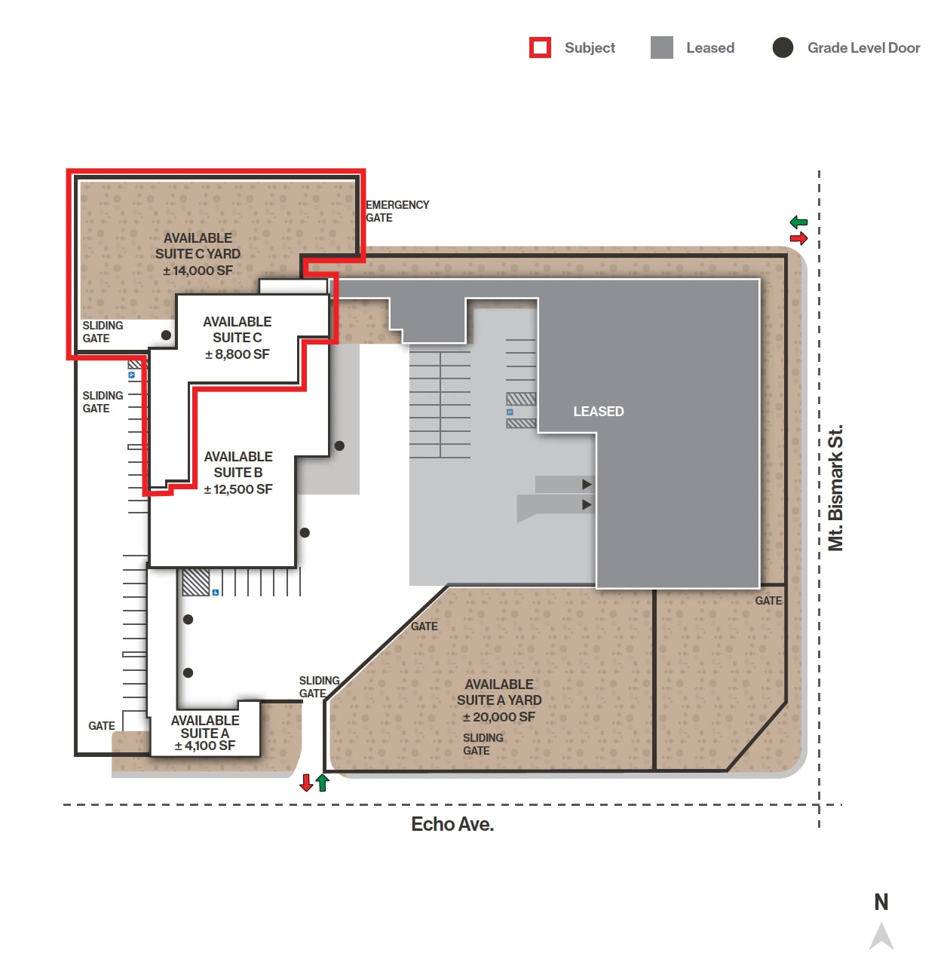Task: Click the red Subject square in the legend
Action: [540, 47]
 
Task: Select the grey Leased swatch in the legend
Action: [661, 47]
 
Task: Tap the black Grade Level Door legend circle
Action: [783, 47]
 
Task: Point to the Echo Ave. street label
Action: [452, 824]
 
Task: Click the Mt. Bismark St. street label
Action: [835, 488]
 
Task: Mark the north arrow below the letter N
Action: [881, 936]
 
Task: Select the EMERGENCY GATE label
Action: [397, 211]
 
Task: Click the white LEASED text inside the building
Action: [598, 412]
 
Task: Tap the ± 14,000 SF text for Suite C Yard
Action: [198, 271]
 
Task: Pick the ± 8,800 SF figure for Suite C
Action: [237, 354]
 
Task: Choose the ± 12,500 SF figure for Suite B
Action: [237, 489]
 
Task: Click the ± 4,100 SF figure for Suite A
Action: [204, 746]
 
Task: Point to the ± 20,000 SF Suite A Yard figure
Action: [498, 717]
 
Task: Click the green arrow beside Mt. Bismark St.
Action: [798, 222]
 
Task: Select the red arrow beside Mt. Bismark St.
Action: [798, 238]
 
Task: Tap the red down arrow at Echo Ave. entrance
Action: [306, 783]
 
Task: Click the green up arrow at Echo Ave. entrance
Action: [323, 783]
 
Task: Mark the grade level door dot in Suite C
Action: [166, 335]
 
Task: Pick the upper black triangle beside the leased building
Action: [587, 484]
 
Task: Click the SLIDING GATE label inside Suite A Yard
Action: [483, 744]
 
